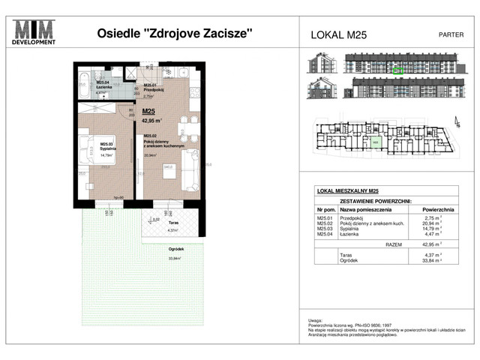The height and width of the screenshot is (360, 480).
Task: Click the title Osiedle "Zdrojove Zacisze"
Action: (175, 33)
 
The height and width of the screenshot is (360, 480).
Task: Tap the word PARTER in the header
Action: (450, 34)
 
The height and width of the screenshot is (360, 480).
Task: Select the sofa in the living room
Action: (191, 175)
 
